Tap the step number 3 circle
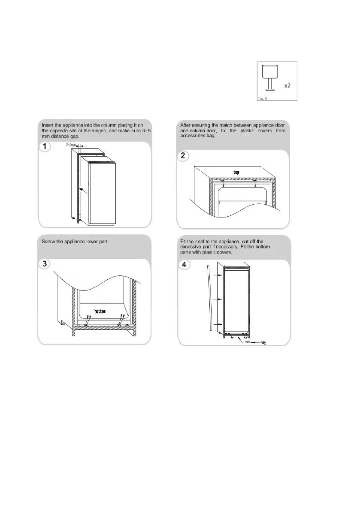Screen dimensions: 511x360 point(45,263)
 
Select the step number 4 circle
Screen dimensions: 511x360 point(184,264)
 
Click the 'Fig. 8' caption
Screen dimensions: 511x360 point(263,98)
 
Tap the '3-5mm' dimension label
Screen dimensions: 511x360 point(71,145)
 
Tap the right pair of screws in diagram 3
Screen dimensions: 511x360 point(121,320)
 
